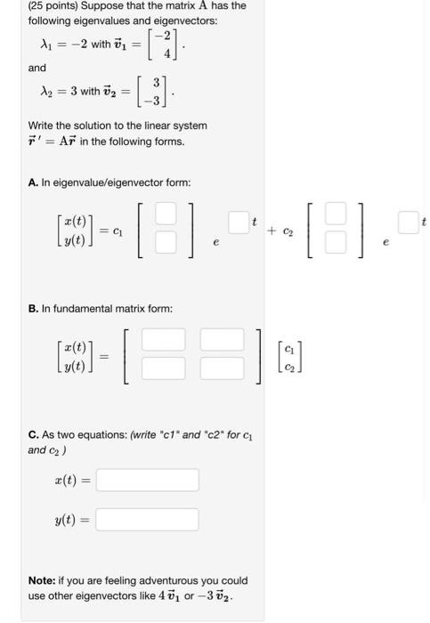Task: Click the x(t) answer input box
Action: click(147, 481)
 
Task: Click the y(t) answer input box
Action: click(147, 519)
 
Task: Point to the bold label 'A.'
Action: click(34, 182)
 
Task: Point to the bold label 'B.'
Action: click(34, 308)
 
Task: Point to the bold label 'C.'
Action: click(34, 434)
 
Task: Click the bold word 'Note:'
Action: click(43, 580)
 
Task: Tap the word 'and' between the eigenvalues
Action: click(37, 68)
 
